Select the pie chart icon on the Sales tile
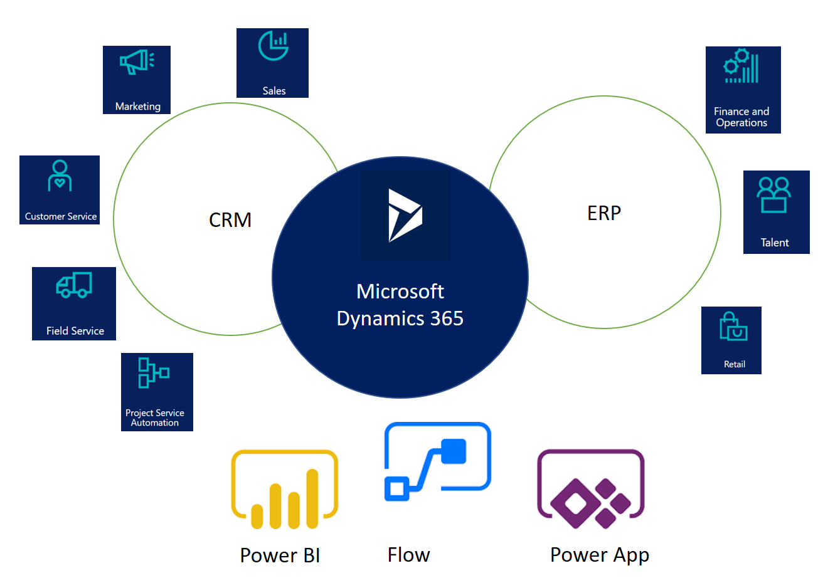coord(273,46)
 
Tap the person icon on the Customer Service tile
coord(60,176)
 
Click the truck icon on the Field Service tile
coord(74,285)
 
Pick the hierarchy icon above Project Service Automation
coord(153,373)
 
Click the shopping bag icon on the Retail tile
coord(733,327)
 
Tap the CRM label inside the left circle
coord(230,220)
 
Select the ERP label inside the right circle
coord(604,213)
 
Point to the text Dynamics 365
coord(400,318)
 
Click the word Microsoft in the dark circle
coord(400,292)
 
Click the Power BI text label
coord(280,555)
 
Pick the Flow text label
coord(408,555)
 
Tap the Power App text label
coord(599,555)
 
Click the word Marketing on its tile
coord(137,107)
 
